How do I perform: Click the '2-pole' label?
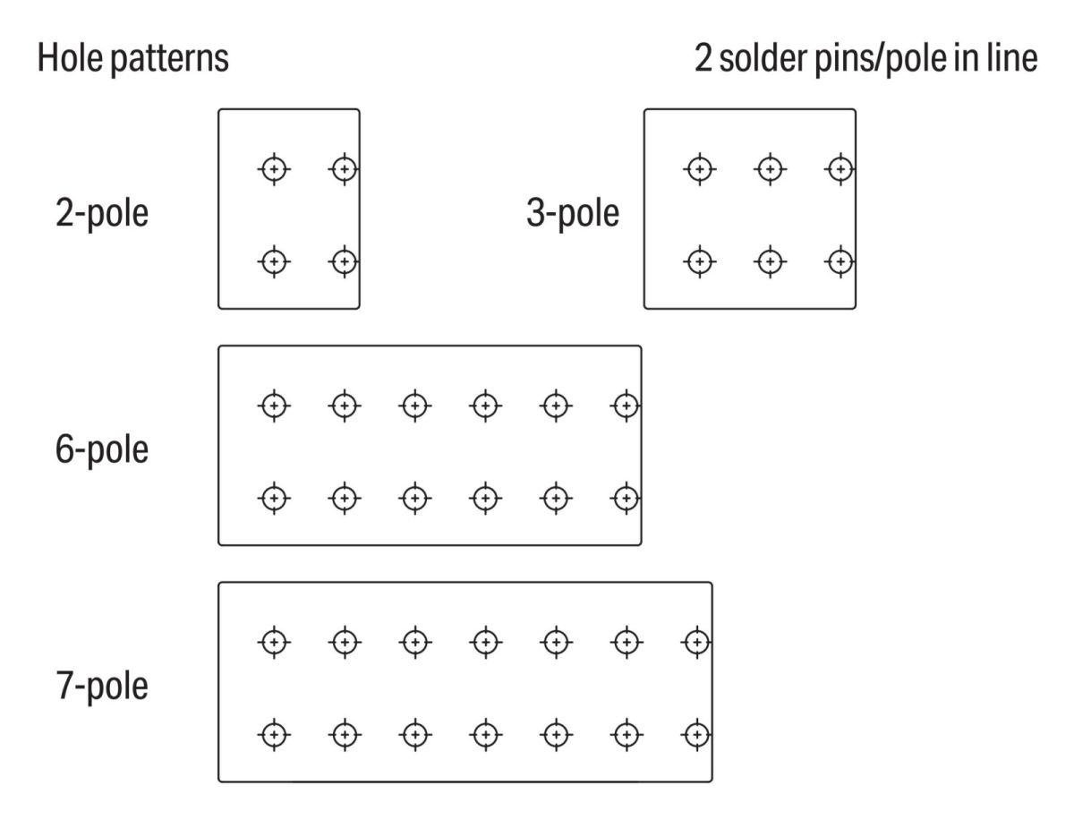(101, 215)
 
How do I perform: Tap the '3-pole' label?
(573, 215)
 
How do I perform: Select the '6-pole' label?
(101, 448)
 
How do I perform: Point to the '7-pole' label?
(101, 687)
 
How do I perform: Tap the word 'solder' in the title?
(768, 59)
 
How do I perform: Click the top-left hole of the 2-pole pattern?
(275, 167)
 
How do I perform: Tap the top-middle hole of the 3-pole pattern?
(769, 167)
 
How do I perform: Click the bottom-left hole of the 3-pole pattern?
(699, 261)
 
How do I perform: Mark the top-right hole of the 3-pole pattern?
(840, 167)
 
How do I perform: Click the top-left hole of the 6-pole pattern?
(275, 406)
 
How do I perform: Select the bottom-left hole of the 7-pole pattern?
(275, 734)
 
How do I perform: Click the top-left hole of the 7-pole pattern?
(275, 641)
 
